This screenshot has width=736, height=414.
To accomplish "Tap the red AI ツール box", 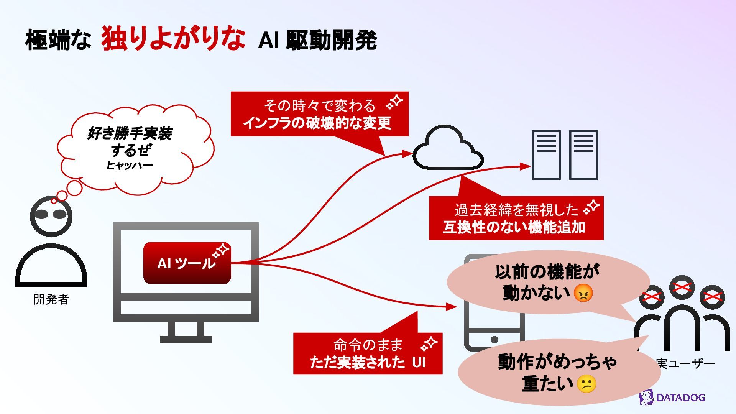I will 187,263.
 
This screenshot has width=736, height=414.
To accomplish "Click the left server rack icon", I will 546,155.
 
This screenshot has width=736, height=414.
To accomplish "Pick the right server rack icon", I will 583,155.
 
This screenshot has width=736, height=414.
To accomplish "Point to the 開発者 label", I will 51,299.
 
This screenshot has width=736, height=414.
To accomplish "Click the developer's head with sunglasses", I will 51,215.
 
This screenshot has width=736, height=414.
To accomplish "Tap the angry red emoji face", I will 583,294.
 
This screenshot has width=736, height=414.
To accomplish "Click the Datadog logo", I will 672,398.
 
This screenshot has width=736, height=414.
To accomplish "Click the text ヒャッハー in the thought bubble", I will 130,166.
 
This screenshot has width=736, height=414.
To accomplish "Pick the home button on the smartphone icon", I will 495,339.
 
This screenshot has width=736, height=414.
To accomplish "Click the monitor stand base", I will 186,339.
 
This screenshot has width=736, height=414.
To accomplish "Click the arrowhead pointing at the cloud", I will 407,154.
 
